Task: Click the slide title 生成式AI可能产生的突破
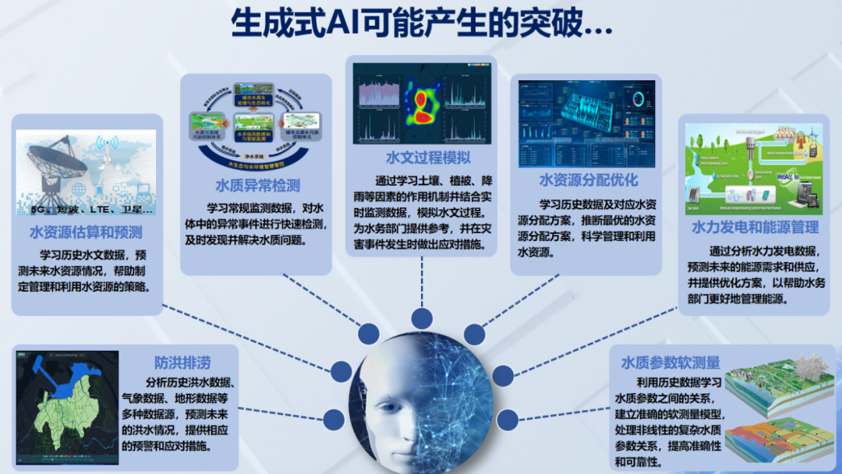point(421,24)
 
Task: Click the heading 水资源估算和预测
point(86,232)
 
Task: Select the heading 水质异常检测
point(258,186)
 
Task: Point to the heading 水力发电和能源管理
point(755,228)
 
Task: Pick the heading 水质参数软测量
point(670,363)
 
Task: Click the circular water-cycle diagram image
point(256,131)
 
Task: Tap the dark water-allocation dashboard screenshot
point(586,122)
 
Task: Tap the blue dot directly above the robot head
point(422,318)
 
